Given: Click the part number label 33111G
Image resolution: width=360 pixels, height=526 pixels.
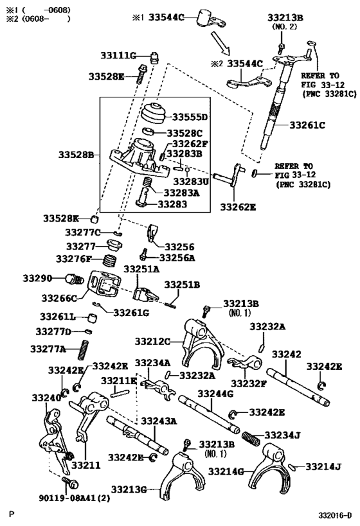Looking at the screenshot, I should tap(118, 56).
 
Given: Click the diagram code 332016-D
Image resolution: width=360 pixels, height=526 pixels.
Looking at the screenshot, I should tap(334, 514).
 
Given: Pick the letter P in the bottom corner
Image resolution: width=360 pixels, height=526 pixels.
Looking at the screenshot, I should tap(11, 514).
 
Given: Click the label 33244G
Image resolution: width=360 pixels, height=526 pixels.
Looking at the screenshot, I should tap(216, 393).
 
